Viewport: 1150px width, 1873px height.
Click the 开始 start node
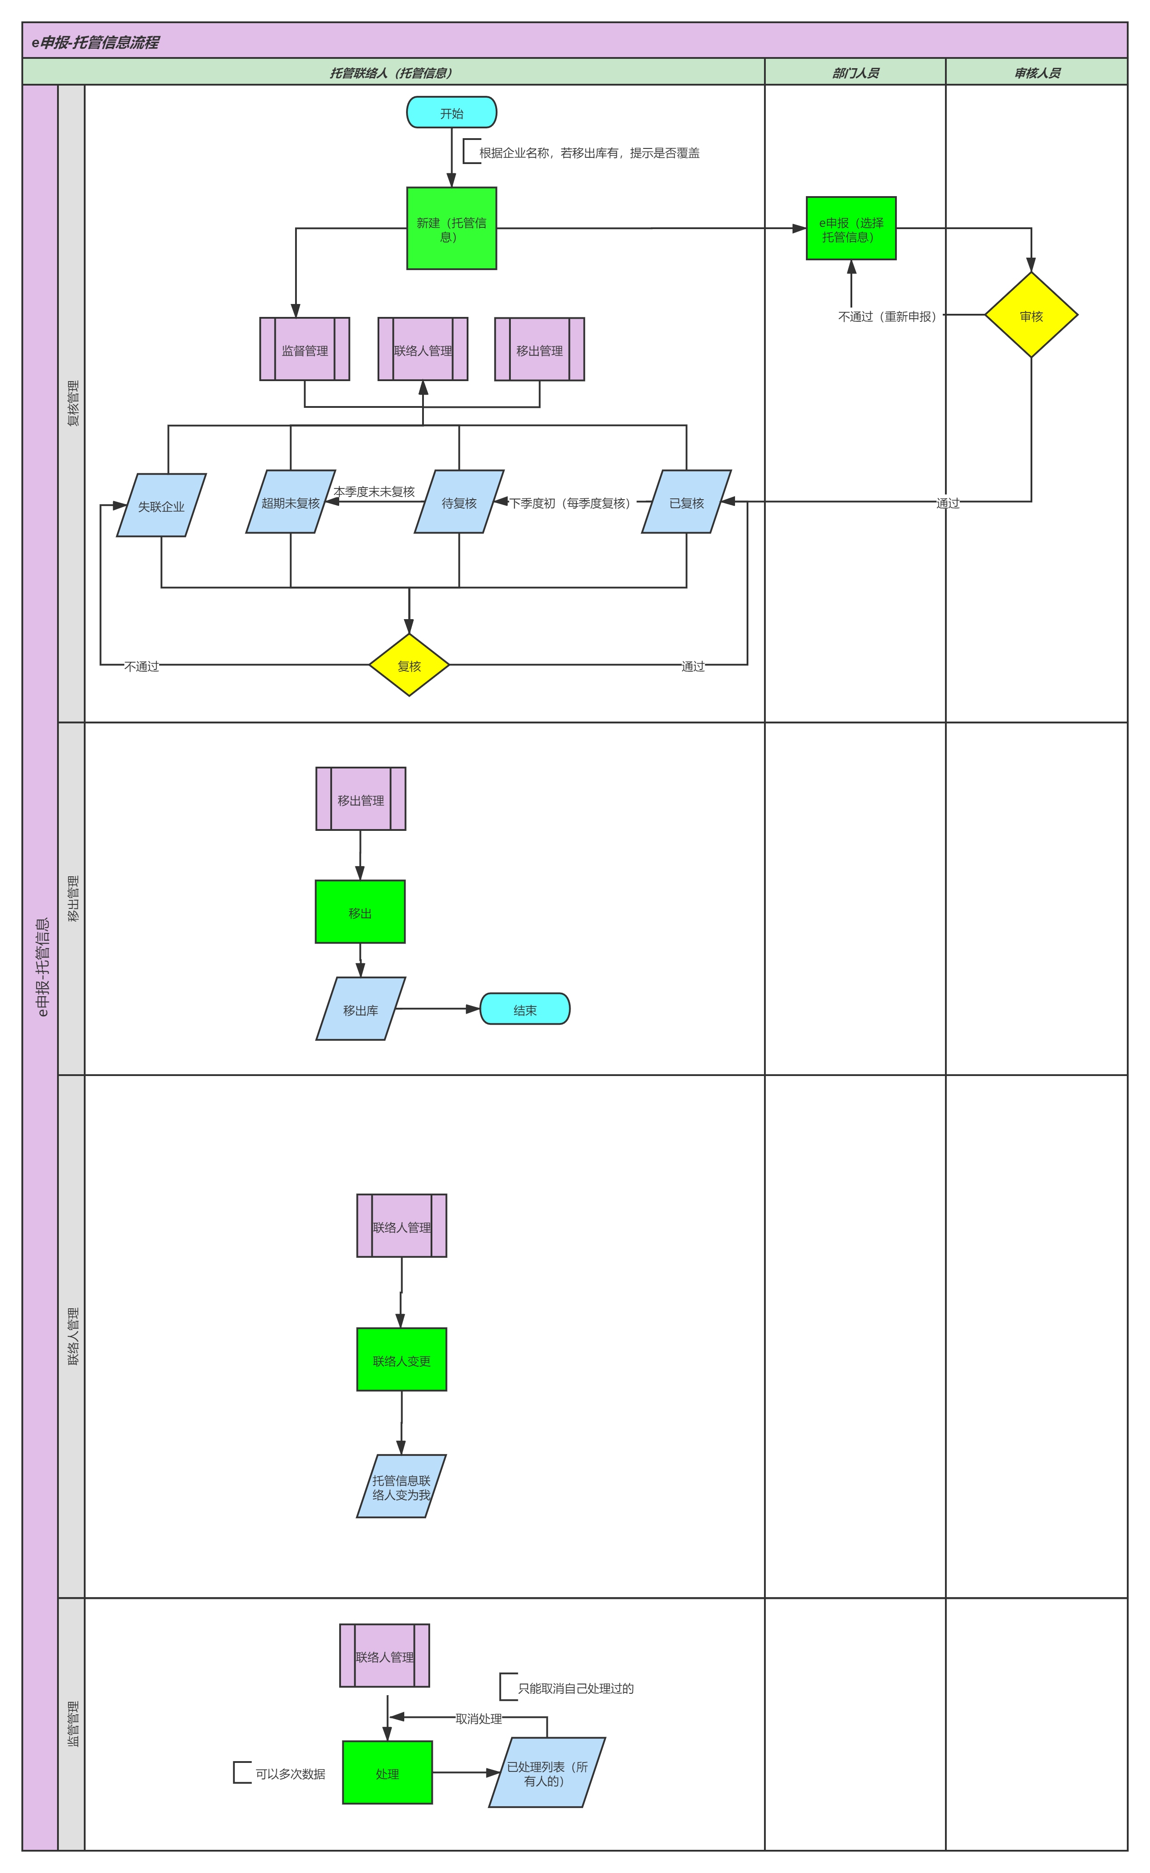point(452,112)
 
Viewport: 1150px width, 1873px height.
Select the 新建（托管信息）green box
point(452,228)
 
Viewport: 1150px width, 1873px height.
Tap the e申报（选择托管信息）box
point(851,228)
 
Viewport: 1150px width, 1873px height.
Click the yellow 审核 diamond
point(1031,315)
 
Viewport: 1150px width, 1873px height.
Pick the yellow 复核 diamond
point(409,665)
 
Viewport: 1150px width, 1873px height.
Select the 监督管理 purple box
point(305,349)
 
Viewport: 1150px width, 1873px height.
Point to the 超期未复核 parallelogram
point(291,502)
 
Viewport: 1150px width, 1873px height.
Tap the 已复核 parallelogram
point(687,502)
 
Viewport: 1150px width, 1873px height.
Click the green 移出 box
point(361,912)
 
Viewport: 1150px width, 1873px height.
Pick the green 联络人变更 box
point(402,1360)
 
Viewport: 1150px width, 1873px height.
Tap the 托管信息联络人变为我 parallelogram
point(402,1486)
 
